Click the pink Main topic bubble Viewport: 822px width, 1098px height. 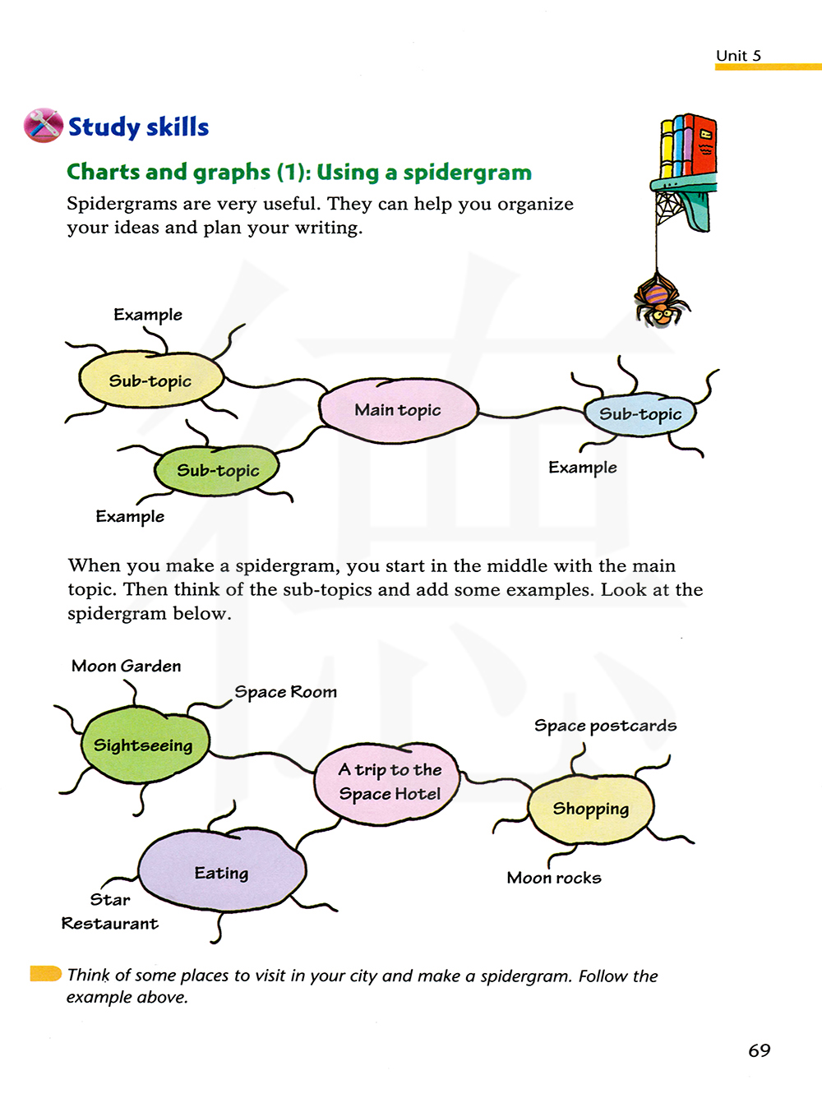pos(399,410)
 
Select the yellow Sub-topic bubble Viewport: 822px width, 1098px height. pos(151,381)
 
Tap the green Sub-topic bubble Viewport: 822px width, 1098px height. pos(218,471)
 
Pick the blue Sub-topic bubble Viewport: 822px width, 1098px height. pos(640,414)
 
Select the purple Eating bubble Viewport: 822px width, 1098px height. pos(222,871)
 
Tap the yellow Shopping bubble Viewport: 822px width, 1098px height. pos(591,810)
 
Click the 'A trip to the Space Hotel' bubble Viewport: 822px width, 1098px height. pos(389,782)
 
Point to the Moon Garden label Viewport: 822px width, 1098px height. pos(126,666)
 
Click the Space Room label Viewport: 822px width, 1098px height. pos(286,692)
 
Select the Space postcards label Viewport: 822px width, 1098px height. pos(605,726)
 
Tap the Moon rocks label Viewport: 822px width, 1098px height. pos(554,878)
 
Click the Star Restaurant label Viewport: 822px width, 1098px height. pos(110,911)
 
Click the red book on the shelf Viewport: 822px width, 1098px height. pos(704,145)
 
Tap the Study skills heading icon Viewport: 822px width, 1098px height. pos(43,126)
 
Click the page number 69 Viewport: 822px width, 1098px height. pos(759,1050)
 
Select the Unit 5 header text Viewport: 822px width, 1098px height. pos(738,56)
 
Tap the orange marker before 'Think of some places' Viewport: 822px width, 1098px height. pos(45,974)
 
